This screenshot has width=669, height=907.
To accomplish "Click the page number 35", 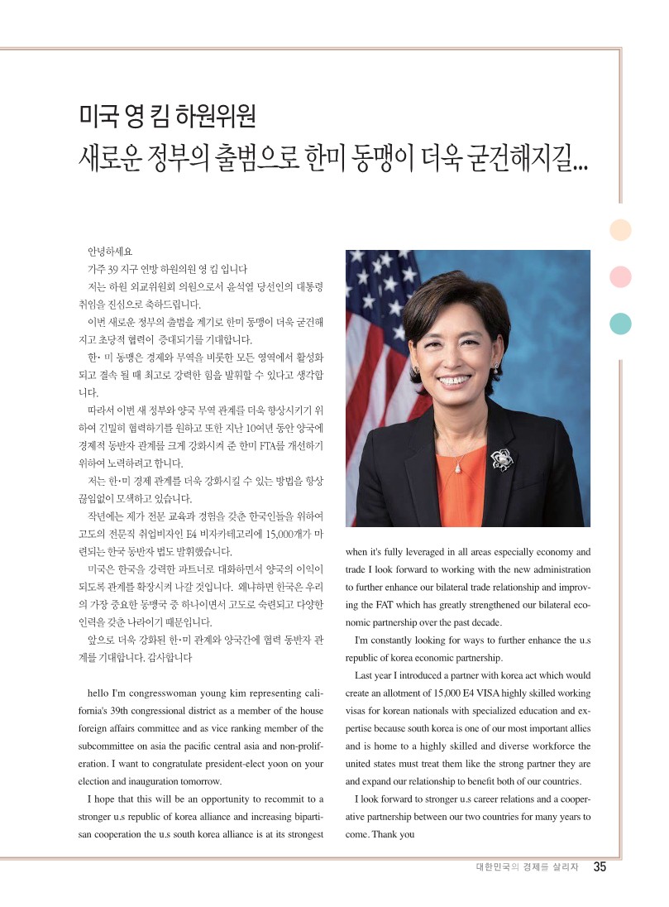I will pyautogui.click(x=600, y=867).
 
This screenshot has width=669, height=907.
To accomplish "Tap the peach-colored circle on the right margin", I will pyautogui.click(x=620, y=230).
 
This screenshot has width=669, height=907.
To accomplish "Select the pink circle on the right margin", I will pyautogui.click(x=620, y=276).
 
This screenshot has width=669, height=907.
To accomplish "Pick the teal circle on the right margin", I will pyautogui.click(x=620, y=324).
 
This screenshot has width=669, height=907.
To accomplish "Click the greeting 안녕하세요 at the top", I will pyautogui.click(x=109, y=251).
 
